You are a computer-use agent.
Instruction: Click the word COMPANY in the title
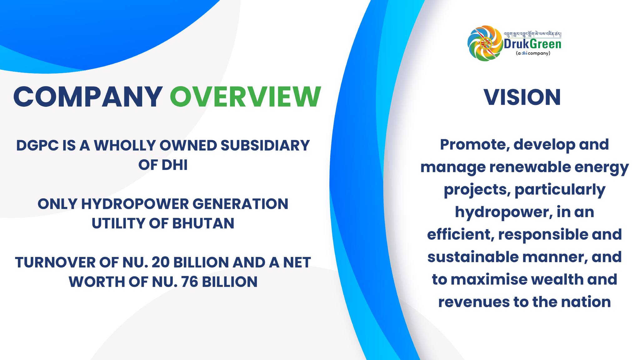click(x=88, y=97)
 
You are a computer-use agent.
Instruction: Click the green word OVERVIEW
click(x=245, y=97)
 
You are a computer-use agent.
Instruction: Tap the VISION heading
click(x=522, y=97)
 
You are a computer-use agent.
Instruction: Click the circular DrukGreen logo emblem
click(x=484, y=43)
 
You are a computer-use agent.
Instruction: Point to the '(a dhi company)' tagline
click(x=533, y=53)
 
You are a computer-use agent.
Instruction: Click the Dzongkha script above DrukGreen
click(x=532, y=34)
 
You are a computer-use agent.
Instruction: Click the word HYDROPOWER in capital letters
click(x=135, y=204)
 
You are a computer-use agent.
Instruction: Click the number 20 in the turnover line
click(x=160, y=262)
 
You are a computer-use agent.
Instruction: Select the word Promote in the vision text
click(x=474, y=145)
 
